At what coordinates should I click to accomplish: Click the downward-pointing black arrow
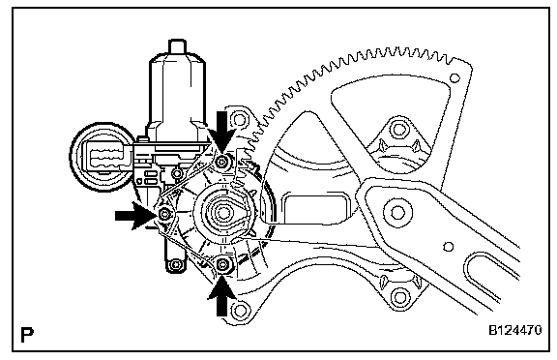(222, 132)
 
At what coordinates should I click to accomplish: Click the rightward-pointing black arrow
(135, 216)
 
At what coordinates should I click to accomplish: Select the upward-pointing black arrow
(222, 296)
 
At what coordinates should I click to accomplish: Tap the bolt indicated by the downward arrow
(222, 162)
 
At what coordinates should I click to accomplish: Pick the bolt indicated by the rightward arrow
(164, 214)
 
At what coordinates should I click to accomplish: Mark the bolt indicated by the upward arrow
(222, 264)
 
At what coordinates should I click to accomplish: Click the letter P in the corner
(27, 335)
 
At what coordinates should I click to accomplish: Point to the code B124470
(515, 330)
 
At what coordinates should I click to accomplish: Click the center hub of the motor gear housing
(223, 213)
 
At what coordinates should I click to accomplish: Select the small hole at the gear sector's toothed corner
(454, 77)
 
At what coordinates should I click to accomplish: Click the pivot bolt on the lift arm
(397, 213)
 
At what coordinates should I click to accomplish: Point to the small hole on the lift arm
(449, 246)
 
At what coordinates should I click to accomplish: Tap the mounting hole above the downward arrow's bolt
(239, 119)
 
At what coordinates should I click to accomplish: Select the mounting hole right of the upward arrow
(240, 310)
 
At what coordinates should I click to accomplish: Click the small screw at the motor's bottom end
(175, 265)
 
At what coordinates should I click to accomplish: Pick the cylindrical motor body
(177, 92)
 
